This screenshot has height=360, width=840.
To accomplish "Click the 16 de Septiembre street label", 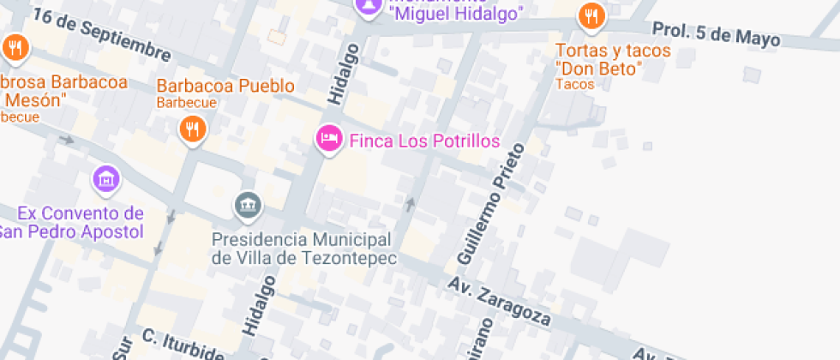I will point(101,33).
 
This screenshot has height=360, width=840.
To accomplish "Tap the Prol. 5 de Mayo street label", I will point(717,33).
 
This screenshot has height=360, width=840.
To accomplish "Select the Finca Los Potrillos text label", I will point(424,141).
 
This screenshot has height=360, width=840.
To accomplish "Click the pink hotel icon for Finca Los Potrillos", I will point(328,138).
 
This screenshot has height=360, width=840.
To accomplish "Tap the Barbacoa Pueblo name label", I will point(225,86).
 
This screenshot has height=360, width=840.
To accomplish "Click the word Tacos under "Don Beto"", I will point(574,84).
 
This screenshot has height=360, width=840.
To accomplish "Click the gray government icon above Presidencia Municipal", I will point(248,204).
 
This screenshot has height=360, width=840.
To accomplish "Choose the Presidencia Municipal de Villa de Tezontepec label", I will point(303,249).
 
